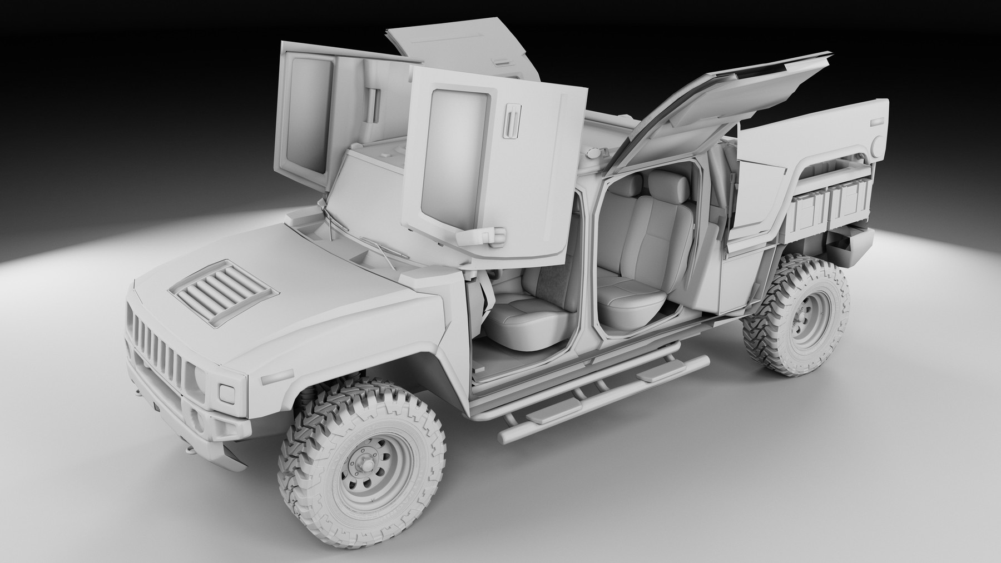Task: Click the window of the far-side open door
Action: coord(306,113)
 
